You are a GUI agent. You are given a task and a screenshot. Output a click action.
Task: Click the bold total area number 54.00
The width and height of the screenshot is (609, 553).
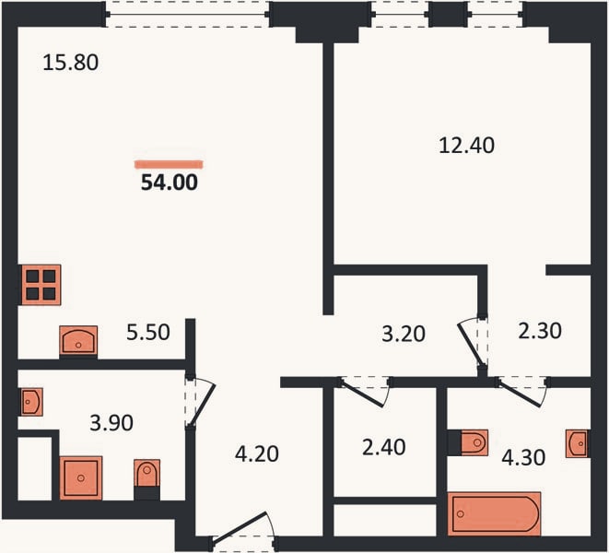coord(170,182)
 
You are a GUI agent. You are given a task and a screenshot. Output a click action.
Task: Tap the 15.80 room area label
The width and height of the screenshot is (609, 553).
coord(71,63)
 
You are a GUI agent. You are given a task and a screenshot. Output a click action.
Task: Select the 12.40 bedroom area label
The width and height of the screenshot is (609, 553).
coord(466,146)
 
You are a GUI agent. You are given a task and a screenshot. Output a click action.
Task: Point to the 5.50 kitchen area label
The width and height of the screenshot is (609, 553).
coord(148,333)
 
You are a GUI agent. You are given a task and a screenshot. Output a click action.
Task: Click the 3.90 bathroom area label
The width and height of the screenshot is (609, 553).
coord(111,423)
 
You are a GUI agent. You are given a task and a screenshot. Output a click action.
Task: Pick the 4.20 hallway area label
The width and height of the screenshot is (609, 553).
coord(257,453)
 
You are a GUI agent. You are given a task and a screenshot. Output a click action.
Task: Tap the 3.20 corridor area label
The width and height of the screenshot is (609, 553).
coord(404,334)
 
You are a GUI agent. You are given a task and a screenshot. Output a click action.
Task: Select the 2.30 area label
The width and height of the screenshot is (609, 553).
coord(540,331)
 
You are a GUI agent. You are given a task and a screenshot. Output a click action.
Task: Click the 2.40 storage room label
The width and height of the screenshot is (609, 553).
coord(383,447)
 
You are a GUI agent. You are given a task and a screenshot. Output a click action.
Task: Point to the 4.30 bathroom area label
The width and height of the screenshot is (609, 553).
coord(523,457)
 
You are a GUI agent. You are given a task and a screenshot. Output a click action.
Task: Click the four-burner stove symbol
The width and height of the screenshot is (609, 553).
coord(41,285)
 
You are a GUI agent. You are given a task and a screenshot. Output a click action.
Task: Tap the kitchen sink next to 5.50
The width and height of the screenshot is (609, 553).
coord(78,340)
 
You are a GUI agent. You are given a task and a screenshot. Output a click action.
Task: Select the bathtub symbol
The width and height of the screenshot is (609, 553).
coord(494,513)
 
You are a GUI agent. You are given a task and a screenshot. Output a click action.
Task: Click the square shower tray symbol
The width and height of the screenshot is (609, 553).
coord(81,478)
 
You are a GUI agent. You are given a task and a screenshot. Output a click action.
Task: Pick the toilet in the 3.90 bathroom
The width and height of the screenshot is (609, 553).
coord(146,474)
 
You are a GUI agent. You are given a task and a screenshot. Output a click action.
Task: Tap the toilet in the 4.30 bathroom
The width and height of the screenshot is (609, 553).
coord(474,442)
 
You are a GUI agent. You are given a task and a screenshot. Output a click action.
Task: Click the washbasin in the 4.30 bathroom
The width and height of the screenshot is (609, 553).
coord(577,443)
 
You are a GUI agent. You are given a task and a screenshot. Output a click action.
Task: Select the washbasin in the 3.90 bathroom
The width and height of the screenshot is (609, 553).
coord(31,402)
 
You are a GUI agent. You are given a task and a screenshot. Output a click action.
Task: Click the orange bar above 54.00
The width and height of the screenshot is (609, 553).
coord(170,165)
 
